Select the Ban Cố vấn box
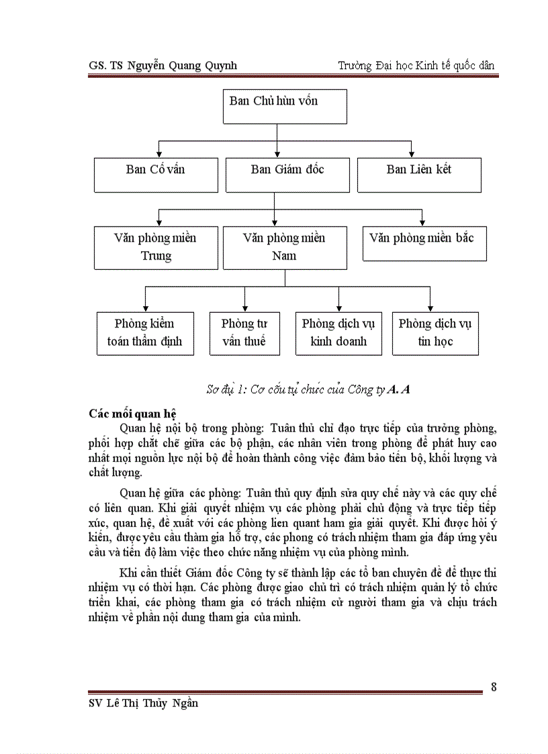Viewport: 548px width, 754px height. (x=156, y=175)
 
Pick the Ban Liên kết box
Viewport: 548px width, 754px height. (x=419, y=175)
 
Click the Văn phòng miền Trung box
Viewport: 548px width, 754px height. (x=156, y=247)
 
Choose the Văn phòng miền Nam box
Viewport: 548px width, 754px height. (x=285, y=247)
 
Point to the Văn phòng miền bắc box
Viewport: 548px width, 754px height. (x=424, y=243)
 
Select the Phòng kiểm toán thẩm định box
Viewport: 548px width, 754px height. (x=144, y=332)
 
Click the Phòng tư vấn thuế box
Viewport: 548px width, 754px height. (x=244, y=332)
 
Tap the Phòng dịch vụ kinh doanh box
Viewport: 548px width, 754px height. (x=338, y=332)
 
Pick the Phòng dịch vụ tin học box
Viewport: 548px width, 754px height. (x=435, y=332)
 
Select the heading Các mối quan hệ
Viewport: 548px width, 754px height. (x=132, y=413)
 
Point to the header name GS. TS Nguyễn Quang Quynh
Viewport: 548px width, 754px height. (x=163, y=65)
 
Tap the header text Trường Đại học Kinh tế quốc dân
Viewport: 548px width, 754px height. (x=416, y=65)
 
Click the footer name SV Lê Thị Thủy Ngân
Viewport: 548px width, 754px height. (x=143, y=703)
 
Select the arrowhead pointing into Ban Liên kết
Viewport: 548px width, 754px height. (x=412, y=154)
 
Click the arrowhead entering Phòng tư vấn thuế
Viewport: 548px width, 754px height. (x=244, y=308)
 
